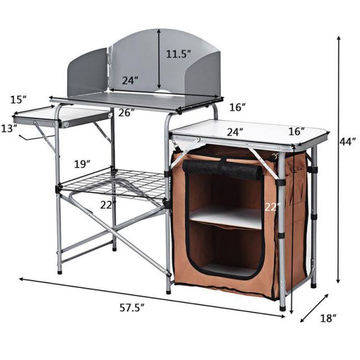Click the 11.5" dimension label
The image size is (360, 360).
tap(179, 54)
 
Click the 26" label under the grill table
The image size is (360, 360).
tap(126, 112)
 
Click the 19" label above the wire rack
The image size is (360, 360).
tap(83, 163)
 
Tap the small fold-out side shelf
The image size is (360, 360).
tap(60, 115)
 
